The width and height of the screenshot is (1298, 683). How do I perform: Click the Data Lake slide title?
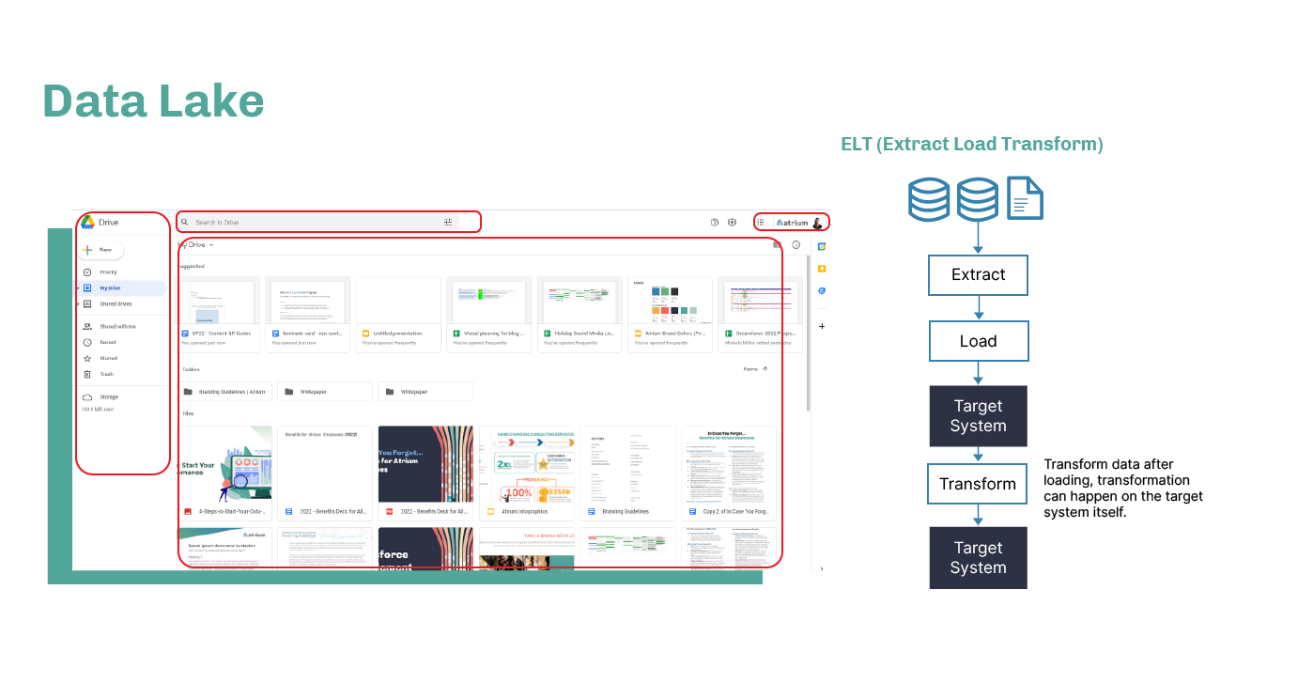coord(153,101)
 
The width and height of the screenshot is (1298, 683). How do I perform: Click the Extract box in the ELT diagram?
coord(978,275)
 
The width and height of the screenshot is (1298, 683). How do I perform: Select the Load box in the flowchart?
coord(978,341)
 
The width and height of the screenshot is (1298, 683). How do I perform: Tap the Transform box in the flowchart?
coord(978,484)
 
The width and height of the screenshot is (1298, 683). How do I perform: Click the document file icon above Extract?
coord(1025,198)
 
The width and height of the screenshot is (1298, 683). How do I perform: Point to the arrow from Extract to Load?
coord(978,308)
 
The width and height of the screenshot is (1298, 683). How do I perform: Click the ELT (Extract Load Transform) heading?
coord(971,144)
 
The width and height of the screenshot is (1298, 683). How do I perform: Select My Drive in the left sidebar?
coord(110,288)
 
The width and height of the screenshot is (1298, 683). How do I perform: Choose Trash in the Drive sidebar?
coord(106,374)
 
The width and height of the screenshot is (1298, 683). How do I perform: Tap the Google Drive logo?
coord(87,223)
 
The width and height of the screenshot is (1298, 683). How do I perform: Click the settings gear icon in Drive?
coord(733,223)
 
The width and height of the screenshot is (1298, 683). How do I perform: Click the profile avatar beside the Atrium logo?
coord(817,223)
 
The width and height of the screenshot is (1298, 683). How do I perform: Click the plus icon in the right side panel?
coord(822,326)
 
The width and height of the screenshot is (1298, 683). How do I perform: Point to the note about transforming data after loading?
coord(1123,489)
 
